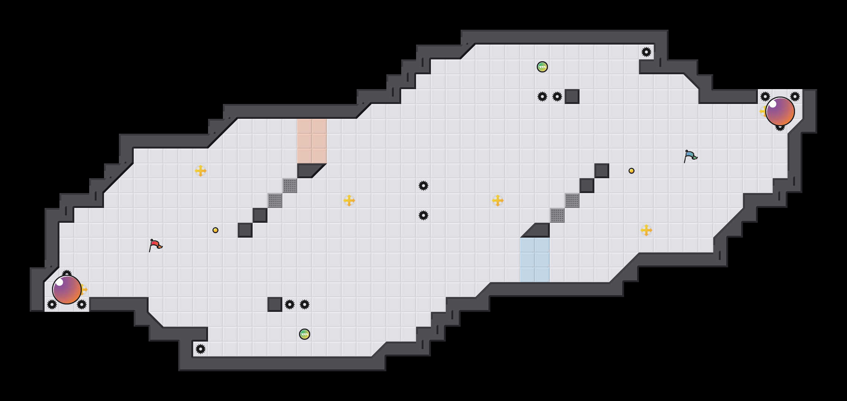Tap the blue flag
[690, 156]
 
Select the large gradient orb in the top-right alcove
[780, 111]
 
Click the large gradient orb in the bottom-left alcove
[67, 290]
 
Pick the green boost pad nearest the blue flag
[542, 67]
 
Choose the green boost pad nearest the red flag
[305, 334]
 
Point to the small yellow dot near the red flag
[215, 230]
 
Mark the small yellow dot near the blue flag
[632, 171]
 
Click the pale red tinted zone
[312, 141]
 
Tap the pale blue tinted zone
[535, 260]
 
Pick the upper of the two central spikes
[423, 186]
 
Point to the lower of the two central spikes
[423, 215]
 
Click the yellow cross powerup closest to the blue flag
[646, 230]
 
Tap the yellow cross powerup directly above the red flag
[201, 171]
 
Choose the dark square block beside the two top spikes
[572, 97]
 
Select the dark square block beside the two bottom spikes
[275, 304]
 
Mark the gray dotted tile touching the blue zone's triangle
[557, 215]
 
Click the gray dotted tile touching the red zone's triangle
[290, 186]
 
